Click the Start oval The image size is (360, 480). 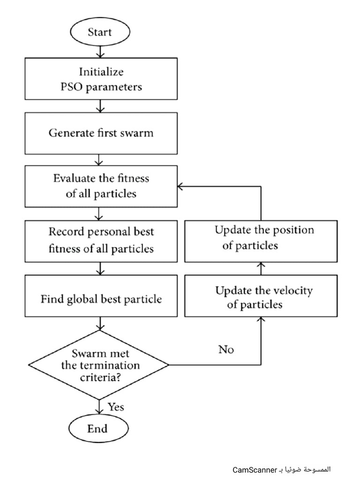tap(99, 33)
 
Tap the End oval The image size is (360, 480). tap(97, 428)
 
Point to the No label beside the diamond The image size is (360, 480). tap(225, 350)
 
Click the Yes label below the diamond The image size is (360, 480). tap(116, 407)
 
